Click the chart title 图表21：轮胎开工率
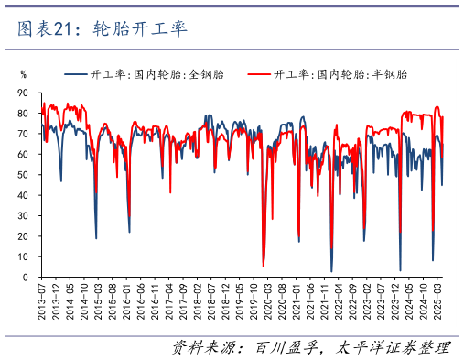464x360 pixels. [x=102, y=29]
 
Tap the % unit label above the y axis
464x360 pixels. [x=24, y=74]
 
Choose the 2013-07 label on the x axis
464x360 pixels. [x=43, y=300]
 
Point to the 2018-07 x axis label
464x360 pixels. [x=210, y=300]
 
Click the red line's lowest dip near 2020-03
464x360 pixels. [x=264, y=266]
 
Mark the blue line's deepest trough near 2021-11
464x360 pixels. [x=331, y=271]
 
